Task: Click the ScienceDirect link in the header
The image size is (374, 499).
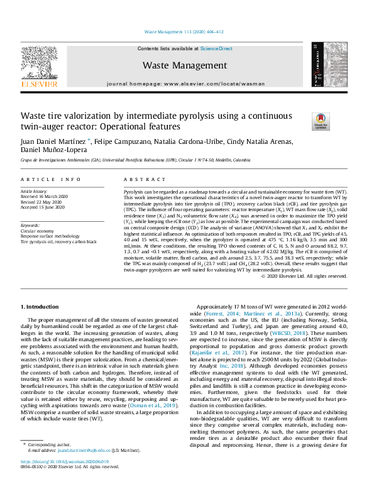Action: [216, 48]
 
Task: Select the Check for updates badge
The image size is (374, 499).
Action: [304, 121]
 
